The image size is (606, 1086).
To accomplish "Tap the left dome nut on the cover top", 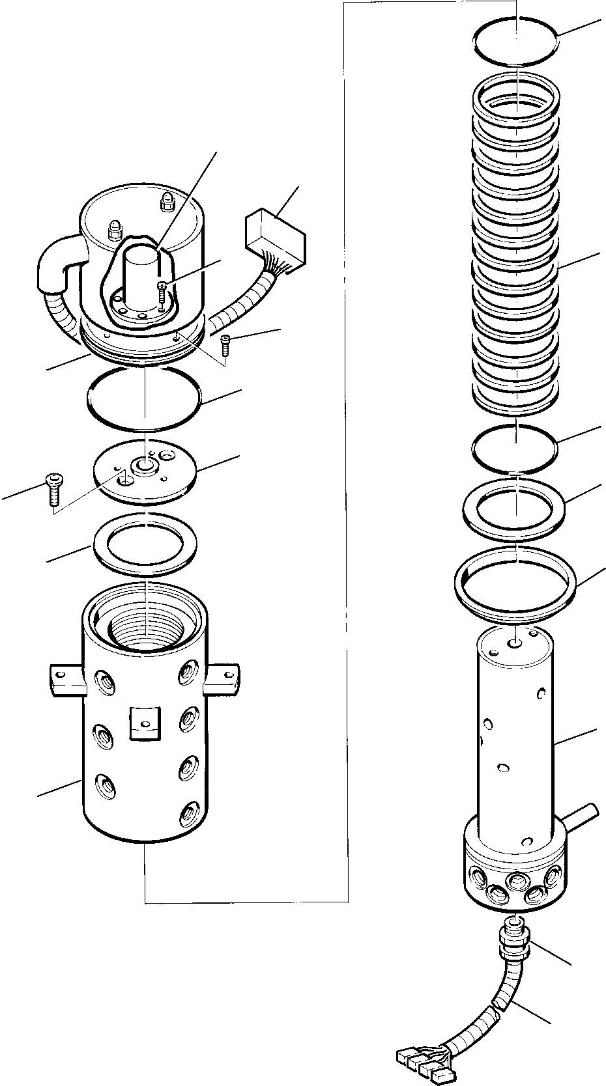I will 115,228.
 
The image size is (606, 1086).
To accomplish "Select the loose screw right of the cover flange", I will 225,343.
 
